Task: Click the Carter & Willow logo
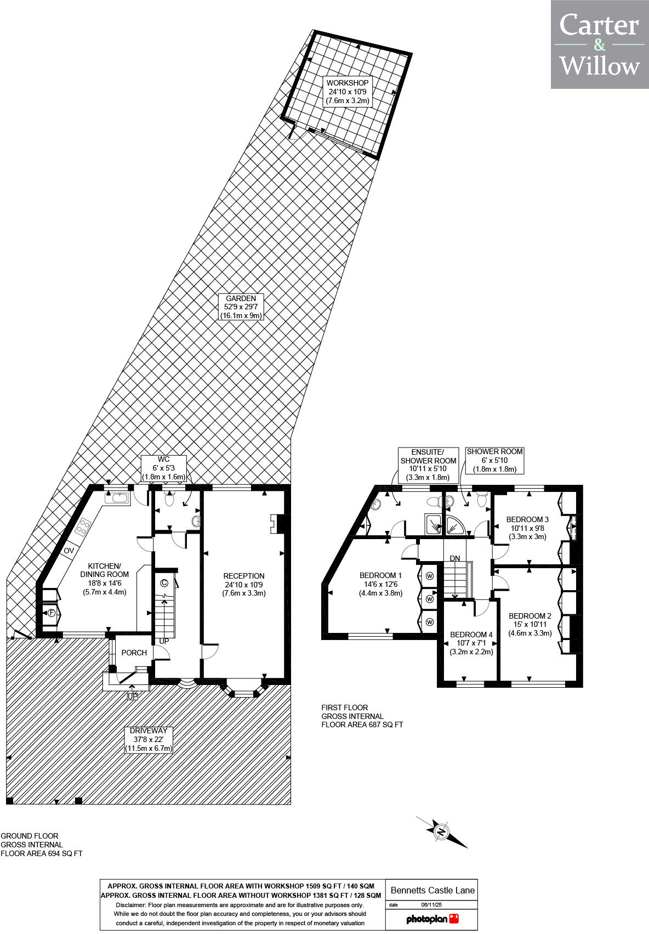[600, 44]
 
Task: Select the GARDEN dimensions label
[241, 307]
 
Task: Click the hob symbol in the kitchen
[84, 527]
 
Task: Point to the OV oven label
[69, 551]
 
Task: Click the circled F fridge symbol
[51, 613]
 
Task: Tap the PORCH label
[134, 653]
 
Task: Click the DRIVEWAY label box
[149, 739]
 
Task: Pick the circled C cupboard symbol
[164, 583]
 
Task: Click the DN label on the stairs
[455, 558]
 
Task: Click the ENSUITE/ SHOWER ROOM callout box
[428, 465]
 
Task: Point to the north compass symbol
[441, 831]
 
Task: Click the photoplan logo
[432, 919]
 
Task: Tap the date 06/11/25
[431, 905]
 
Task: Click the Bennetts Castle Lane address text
[431, 890]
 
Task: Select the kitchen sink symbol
[117, 498]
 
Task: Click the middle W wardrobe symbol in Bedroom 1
[430, 599]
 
